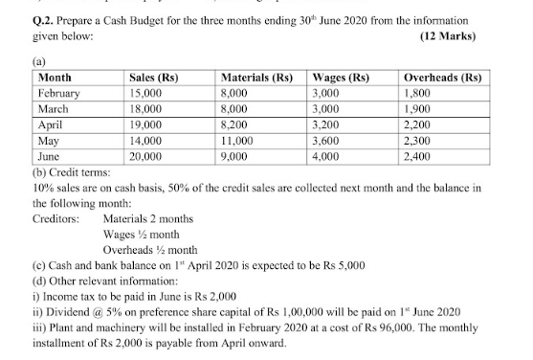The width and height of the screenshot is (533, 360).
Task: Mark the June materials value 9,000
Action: point(237,152)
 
